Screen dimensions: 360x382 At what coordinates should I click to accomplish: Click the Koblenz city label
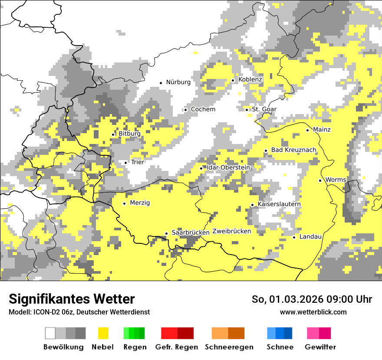tap(250, 79)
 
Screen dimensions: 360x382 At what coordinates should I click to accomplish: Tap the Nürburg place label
tap(178, 82)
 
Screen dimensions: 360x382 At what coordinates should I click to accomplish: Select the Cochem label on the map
tap(203, 109)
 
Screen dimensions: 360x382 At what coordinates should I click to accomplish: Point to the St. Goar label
tap(264, 109)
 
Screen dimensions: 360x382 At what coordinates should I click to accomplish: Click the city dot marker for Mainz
tap(308, 130)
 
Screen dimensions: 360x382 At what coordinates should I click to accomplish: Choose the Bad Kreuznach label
tap(293, 150)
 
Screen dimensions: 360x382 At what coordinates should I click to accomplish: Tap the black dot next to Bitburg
tap(113, 134)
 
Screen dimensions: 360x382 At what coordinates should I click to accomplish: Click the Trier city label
tap(137, 162)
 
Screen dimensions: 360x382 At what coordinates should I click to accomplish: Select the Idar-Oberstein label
tap(228, 168)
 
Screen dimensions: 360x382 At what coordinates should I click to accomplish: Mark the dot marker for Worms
tap(320, 180)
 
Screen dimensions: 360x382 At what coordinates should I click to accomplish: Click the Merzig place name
tap(140, 203)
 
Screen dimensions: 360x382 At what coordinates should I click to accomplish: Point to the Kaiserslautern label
tap(279, 204)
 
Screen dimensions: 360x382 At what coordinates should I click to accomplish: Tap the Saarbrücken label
tap(191, 232)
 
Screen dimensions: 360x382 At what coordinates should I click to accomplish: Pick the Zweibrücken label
tap(231, 231)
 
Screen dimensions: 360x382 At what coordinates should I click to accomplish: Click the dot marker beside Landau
tap(294, 237)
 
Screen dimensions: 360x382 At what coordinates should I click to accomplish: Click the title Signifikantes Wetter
tap(72, 299)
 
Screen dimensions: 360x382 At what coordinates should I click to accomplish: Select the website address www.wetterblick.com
tap(313, 312)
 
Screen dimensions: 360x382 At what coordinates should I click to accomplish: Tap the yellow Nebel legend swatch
tap(103, 333)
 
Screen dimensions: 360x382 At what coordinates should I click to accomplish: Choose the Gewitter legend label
tap(320, 347)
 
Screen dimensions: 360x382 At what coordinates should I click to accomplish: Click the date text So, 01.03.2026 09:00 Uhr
tap(312, 300)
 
